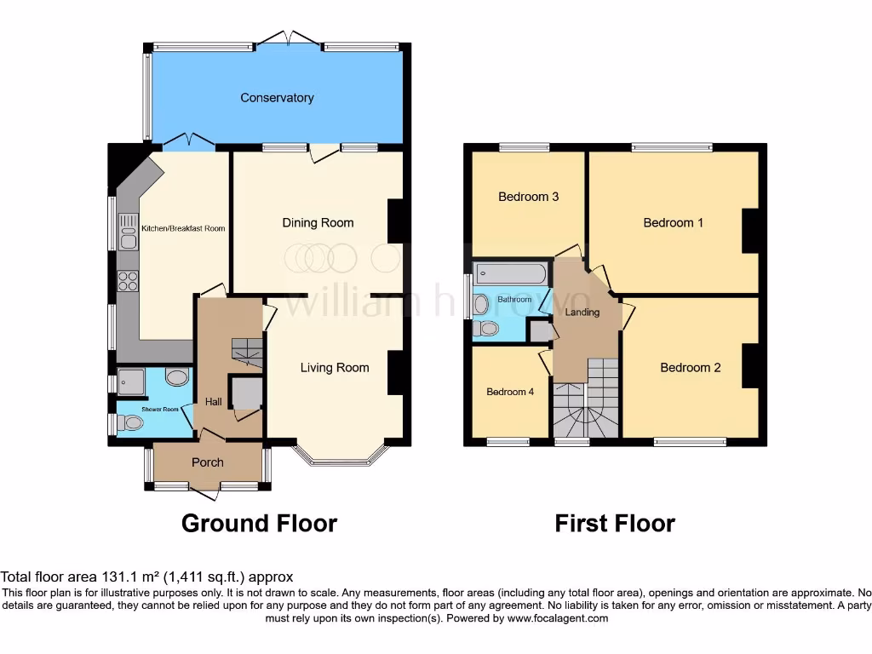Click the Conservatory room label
click(x=277, y=98)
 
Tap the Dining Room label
click(x=318, y=223)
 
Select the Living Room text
click(x=335, y=368)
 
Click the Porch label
click(x=207, y=462)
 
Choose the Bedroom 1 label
click(x=673, y=223)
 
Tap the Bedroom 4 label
click(x=510, y=393)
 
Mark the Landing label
click(x=583, y=313)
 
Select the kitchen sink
click(x=128, y=231)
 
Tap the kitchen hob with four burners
click(x=128, y=280)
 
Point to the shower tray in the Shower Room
click(x=132, y=382)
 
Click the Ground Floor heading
click(x=259, y=523)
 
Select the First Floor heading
click(x=615, y=523)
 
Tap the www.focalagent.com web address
click(x=559, y=618)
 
